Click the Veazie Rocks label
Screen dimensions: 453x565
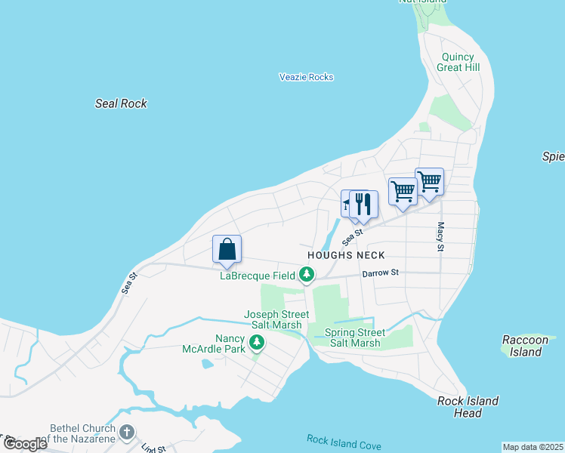point(306,77)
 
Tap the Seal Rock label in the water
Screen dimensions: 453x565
point(121,103)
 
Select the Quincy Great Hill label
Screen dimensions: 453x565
point(458,61)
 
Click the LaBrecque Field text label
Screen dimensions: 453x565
point(258,276)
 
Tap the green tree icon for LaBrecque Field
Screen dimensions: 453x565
point(307,276)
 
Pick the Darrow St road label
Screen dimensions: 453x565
point(379,273)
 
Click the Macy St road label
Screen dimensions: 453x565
point(440,236)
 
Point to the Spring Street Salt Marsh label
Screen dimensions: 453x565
point(354,337)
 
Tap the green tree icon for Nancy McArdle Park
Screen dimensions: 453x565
point(258,344)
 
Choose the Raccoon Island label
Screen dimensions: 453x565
point(525,346)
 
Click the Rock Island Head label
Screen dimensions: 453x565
point(468,406)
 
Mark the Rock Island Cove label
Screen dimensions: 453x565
point(344,442)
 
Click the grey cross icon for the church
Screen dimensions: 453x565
point(128,433)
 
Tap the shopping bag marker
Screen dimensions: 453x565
point(227,248)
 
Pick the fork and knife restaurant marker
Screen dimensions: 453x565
point(364,204)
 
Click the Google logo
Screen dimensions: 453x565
point(24,443)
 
